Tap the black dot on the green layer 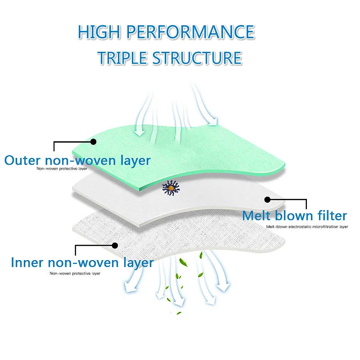coord(94,141)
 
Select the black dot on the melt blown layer coord(267,199)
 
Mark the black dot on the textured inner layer coord(115,245)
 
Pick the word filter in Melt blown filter coord(331,216)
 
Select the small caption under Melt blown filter coord(306,226)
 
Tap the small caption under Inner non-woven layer coord(75,273)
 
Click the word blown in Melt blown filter coord(293,216)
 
